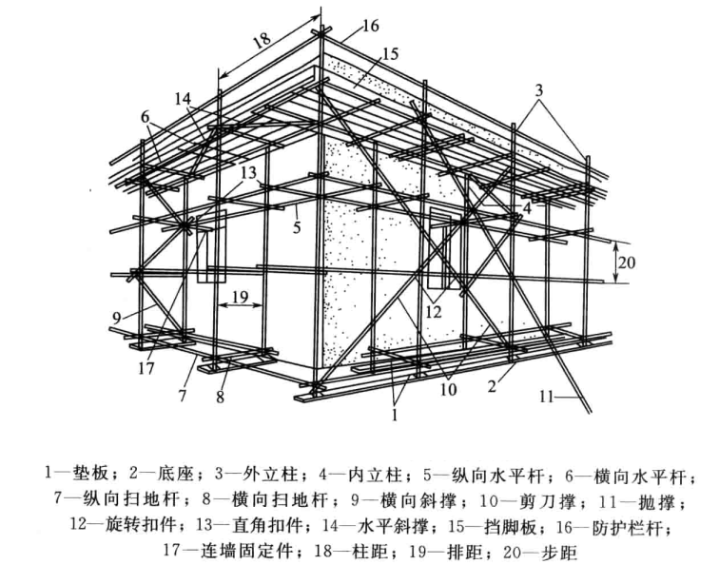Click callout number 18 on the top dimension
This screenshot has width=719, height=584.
click(262, 41)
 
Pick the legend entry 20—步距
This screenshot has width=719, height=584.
click(536, 549)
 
